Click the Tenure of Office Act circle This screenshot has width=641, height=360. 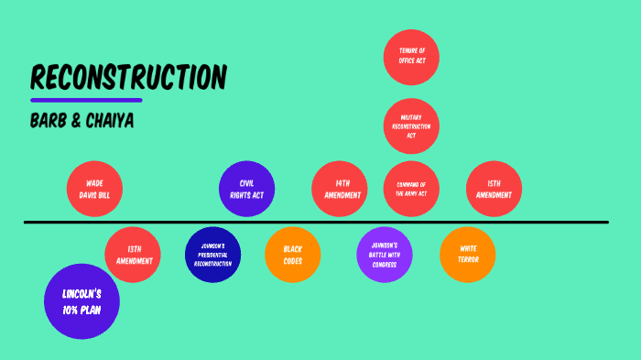coord(411,56)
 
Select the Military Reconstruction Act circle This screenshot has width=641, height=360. coord(411,125)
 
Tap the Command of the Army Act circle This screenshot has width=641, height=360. coord(411,189)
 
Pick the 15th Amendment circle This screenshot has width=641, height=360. coord(494,189)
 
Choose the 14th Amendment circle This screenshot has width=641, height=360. coord(340,189)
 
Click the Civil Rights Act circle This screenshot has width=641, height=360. coord(247,189)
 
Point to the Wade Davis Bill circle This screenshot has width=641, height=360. coord(94,189)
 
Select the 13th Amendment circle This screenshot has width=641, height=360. coord(133,254)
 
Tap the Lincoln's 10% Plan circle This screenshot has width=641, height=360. coord(81,300)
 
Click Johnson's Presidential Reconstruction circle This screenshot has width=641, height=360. coord(212,255)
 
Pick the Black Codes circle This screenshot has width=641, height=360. coord(293,255)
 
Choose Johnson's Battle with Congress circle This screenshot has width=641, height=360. coord(385,254)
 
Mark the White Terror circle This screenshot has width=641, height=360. coord(468,254)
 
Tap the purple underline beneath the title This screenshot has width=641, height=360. coord(86,100)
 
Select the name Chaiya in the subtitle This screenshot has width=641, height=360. coord(111,122)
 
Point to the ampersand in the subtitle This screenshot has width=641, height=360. coord(77,122)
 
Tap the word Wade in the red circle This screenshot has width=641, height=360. coord(94,183)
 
